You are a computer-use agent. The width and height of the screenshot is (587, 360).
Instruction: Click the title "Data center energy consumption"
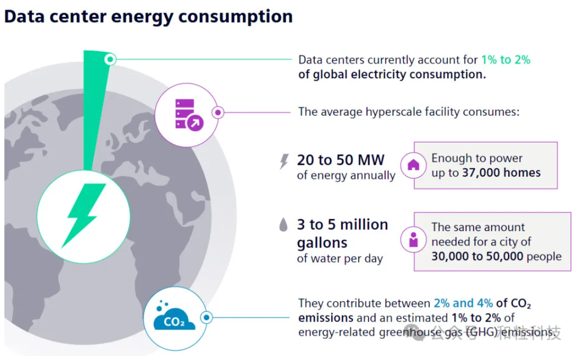pyautogui.click(x=148, y=17)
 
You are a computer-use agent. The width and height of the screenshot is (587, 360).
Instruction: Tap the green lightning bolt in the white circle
pyautogui.click(x=84, y=215)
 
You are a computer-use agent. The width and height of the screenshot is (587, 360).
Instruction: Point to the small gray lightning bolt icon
pyautogui.click(x=284, y=162)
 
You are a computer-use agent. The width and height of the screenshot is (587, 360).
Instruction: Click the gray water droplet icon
pyautogui.click(x=284, y=225)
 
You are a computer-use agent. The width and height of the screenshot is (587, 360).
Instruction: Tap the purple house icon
pyautogui.click(x=413, y=165)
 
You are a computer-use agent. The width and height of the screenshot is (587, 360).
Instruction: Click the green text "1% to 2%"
pyautogui.click(x=506, y=60)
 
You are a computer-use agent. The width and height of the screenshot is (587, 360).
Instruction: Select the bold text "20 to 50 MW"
pyautogui.click(x=340, y=160)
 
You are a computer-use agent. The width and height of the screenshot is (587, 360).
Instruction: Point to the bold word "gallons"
pyautogui.click(x=322, y=242)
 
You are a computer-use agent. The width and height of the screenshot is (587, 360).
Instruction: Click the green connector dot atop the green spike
pyautogui.click(x=111, y=59)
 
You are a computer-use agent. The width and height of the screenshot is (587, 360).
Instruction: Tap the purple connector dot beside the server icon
pyautogui.click(x=218, y=113)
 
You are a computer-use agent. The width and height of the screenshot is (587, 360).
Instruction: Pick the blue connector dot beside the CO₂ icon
pyautogui.click(x=207, y=318)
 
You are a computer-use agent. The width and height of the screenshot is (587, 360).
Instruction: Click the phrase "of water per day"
pyautogui.click(x=339, y=258)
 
